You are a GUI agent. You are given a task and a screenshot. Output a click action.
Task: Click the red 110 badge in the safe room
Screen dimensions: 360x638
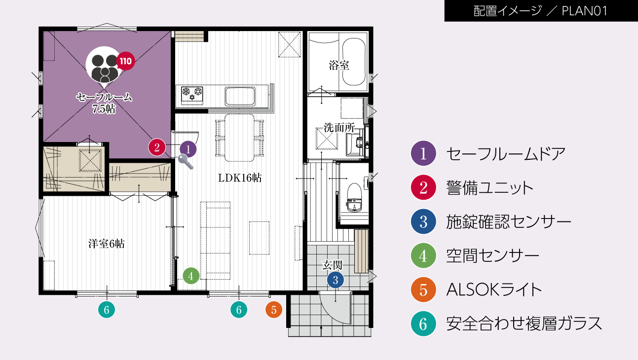pyautogui.click(x=125, y=62)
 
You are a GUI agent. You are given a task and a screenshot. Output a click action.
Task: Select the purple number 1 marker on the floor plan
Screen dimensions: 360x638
pyautogui.click(x=188, y=148)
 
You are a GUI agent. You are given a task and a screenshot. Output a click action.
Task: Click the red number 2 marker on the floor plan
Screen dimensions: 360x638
pyautogui.click(x=157, y=147)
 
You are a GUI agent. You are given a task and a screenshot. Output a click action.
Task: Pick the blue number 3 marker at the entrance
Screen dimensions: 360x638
pyautogui.click(x=335, y=280)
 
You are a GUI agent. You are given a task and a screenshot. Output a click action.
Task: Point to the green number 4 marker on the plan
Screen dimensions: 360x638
pyautogui.click(x=191, y=275)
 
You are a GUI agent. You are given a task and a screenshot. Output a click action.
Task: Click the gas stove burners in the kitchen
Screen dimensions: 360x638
pyautogui.click(x=192, y=94)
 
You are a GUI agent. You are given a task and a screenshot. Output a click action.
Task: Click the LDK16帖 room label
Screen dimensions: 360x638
pyautogui.click(x=240, y=179)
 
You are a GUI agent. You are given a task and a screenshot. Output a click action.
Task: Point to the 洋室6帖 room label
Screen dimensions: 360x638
pyautogui.click(x=106, y=243)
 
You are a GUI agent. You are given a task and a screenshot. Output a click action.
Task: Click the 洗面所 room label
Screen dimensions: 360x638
pyautogui.click(x=339, y=127)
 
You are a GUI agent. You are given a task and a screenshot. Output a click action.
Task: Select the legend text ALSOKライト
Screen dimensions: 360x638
pyautogui.click(x=494, y=289)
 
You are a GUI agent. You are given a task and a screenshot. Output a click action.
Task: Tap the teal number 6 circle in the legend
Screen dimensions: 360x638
pyautogui.click(x=423, y=324)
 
